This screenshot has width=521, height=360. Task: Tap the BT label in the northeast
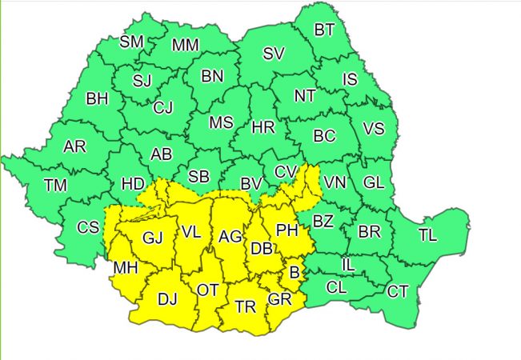tap(324, 30)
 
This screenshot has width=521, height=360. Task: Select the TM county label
tap(55, 186)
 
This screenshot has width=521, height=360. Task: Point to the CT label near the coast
tap(398, 291)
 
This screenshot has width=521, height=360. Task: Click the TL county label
tap(428, 235)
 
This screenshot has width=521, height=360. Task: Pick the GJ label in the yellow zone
tap(152, 238)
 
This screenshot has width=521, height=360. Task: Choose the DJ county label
tap(166, 299)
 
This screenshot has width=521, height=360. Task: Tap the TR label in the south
tap(246, 306)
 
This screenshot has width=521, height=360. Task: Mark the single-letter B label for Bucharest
tap(294, 274)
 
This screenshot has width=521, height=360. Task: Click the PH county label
tap(286, 230)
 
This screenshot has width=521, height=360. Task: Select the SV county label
tap(274, 54)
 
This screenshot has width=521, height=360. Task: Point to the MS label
tap(221, 122)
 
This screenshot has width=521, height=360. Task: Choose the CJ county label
tap(163, 106)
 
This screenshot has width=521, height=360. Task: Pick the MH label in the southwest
tap(125, 267)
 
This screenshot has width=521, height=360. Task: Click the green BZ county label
tap(323, 221)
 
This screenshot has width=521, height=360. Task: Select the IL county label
tap(348, 263)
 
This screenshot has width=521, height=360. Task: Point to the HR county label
tap(263, 128)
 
